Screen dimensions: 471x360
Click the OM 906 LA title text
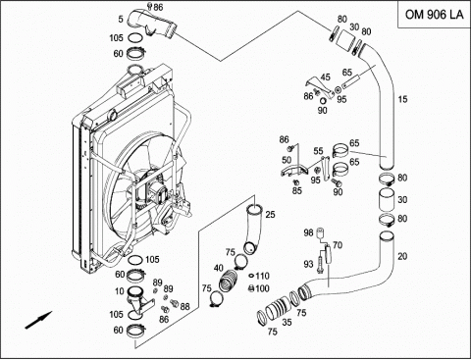click(x=435, y=15)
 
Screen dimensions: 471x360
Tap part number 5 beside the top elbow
click(x=121, y=20)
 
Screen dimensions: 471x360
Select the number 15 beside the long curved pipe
click(x=402, y=99)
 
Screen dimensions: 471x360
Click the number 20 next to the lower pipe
click(x=402, y=256)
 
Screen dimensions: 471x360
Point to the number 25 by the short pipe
click(x=270, y=215)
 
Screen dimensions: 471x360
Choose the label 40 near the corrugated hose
click(x=219, y=268)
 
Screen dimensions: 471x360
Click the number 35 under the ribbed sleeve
click(x=287, y=323)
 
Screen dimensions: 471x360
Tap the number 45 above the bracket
click(x=325, y=77)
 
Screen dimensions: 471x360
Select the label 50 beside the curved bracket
click(x=287, y=160)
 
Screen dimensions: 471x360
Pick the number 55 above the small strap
click(x=318, y=151)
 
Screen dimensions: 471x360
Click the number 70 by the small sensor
click(x=338, y=245)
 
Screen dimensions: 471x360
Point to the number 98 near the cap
click(x=308, y=233)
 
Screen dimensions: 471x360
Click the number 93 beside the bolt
click(x=308, y=264)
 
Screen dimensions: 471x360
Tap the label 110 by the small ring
click(x=262, y=276)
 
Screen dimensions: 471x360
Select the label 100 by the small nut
click(x=262, y=288)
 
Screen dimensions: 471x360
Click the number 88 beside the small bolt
click(x=184, y=306)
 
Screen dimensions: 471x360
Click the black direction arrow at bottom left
click(x=38, y=320)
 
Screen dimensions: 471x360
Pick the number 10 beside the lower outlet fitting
click(x=120, y=290)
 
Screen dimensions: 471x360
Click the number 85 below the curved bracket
click(x=297, y=190)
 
